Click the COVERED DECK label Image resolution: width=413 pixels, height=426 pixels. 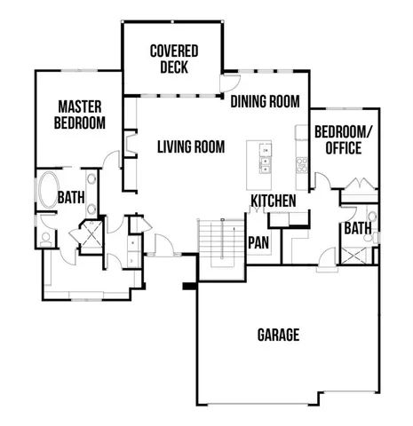click(x=173, y=59)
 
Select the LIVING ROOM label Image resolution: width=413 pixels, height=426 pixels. click(x=190, y=146)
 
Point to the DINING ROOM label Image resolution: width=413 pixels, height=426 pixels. click(x=265, y=101)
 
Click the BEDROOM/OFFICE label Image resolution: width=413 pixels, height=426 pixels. click(x=338, y=140)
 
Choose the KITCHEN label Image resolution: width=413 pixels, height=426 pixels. click(x=273, y=201)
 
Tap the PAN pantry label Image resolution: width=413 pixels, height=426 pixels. click(x=258, y=241)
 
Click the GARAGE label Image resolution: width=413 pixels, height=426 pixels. click(x=278, y=335)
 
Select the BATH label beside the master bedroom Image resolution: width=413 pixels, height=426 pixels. click(x=71, y=197)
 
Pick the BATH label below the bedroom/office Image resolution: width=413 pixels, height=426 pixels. click(x=357, y=229)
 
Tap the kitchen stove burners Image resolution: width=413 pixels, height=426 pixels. click(x=301, y=163)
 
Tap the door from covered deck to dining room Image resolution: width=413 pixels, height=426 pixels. click(x=232, y=84)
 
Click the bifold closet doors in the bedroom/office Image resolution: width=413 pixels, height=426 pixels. click(x=359, y=185)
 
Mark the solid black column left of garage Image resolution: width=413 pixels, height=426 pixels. click(x=188, y=286)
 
